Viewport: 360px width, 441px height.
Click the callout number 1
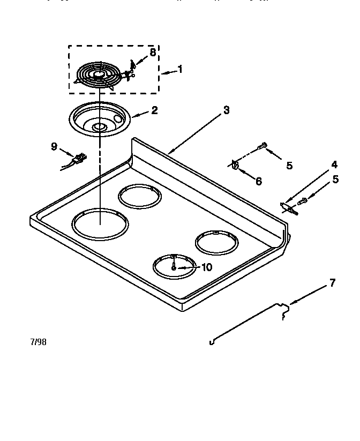coord(180,69)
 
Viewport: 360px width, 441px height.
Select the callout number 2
coord(154,110)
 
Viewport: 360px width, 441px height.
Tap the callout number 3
coord(226,110)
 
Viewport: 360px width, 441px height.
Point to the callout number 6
coord(258,182)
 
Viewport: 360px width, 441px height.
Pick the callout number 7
coord(332,283)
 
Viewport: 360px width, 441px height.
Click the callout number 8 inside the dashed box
coord(153,53)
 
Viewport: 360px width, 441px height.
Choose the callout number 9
coord(54,145)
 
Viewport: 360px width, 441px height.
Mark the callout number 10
coord(206,266)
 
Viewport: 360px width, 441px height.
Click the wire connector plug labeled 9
coord(79,158)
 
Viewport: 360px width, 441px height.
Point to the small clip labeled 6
coord(235,163)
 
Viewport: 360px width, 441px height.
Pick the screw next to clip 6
coord(262,146)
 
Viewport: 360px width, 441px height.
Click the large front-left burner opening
coord(100,224)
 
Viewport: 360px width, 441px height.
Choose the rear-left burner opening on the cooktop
coord(140,196)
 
